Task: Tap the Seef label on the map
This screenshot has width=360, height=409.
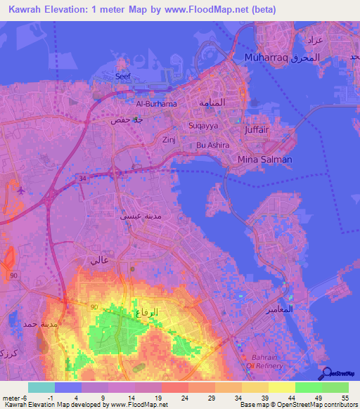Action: (x=123, y=77)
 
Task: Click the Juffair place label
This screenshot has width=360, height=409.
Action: (x=257, y=131)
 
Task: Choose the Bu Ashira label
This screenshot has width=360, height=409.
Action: (x=213, y=145)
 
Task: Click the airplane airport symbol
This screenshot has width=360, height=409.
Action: (x=19, y=190)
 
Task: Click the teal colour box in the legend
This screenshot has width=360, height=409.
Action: (x=41, y=387)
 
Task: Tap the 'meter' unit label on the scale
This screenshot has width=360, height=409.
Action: (x=11, y=398)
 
